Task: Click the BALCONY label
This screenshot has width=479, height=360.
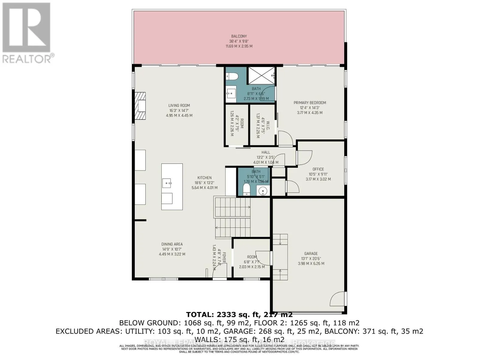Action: click(239, 36)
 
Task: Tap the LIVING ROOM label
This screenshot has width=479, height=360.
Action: click(179, 105)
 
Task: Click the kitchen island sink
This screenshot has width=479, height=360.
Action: click(167, 182)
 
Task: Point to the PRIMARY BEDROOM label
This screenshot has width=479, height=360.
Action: click(310, 103)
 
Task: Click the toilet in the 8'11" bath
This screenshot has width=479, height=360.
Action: click(231, 77)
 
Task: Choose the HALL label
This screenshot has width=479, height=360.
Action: click(266, 152)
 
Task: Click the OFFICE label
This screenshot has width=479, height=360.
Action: click(318, 169)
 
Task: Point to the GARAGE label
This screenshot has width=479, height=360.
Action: click(311, 253)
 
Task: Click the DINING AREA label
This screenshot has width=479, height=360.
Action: click(172, 244)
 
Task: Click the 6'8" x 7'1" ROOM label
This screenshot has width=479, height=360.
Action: click(252, 257)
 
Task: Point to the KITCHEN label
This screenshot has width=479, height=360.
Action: click(204, 178)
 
